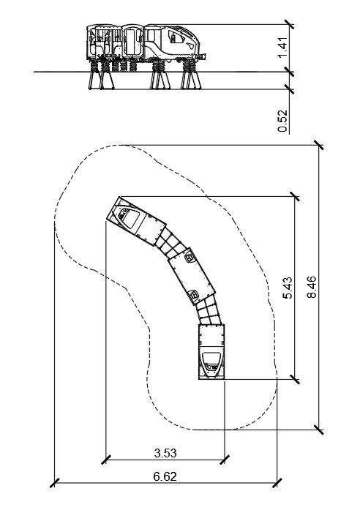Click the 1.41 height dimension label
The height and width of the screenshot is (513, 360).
283,48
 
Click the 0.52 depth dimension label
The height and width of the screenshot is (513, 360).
283,121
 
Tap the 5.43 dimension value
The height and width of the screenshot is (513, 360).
288,288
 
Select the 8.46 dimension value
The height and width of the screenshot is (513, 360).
312,287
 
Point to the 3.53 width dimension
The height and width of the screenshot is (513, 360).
165,453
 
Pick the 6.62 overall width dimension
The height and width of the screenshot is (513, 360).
165,476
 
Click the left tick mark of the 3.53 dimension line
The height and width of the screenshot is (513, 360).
106,460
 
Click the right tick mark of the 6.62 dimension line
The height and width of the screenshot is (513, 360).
277,483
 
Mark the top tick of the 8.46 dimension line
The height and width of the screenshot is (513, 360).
319,145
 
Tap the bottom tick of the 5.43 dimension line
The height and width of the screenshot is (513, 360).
295,380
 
